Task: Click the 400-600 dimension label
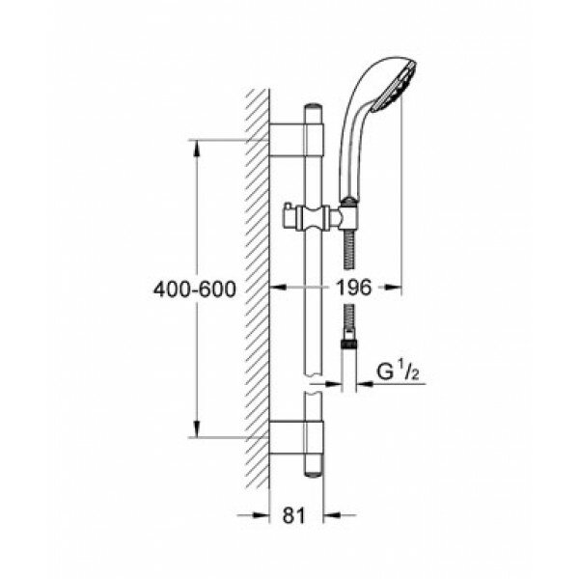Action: pos(195,289)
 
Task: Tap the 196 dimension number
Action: pos(353,288)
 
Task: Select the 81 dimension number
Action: pos(294,515)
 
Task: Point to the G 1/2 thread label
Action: pos(398,372)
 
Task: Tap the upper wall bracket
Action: pos(296,140)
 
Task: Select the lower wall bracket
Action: pos(296,437)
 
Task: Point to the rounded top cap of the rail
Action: pos(313,107)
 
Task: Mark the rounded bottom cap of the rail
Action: pos(313,474)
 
